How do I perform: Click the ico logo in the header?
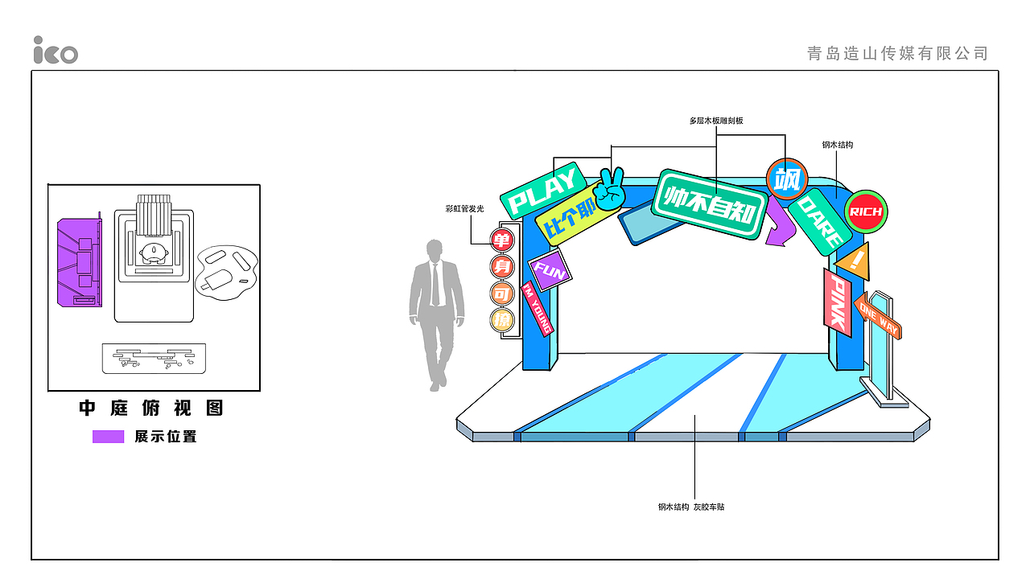point(56,50)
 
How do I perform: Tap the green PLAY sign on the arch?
point(542,191)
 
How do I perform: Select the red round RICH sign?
point(866,211)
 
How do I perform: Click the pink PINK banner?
point(838,303)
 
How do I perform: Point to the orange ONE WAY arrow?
point(877,317)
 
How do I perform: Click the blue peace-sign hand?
point(611,189)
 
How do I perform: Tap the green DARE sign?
point(820,222)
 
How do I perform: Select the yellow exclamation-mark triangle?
point(854,261)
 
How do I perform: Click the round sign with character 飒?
point(787,179)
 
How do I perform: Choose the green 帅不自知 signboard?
point(710,204)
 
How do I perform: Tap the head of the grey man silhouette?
point(435,250)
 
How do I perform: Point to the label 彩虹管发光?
point(464,208)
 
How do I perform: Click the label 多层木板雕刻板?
point(716,121)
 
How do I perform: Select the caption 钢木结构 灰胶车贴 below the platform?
point(691,507)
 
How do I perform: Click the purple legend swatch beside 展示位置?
point(108,437)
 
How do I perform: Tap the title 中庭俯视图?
point(151,408)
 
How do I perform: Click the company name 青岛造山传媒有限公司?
point(897,53)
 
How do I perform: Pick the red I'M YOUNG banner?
point(537,309)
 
